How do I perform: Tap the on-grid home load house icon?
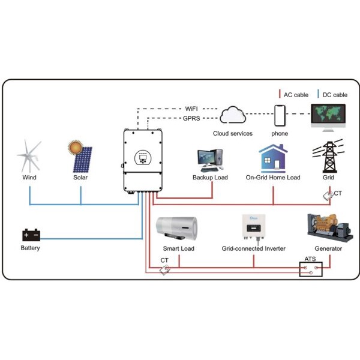[x=273, y=158]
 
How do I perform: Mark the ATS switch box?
[x=311, y=269]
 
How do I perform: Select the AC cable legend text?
[x=295, y=95]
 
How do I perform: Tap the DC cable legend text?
[x=335, y=95]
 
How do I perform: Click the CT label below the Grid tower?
[x=338, y=193]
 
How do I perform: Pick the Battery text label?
[x=30, y=248]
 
